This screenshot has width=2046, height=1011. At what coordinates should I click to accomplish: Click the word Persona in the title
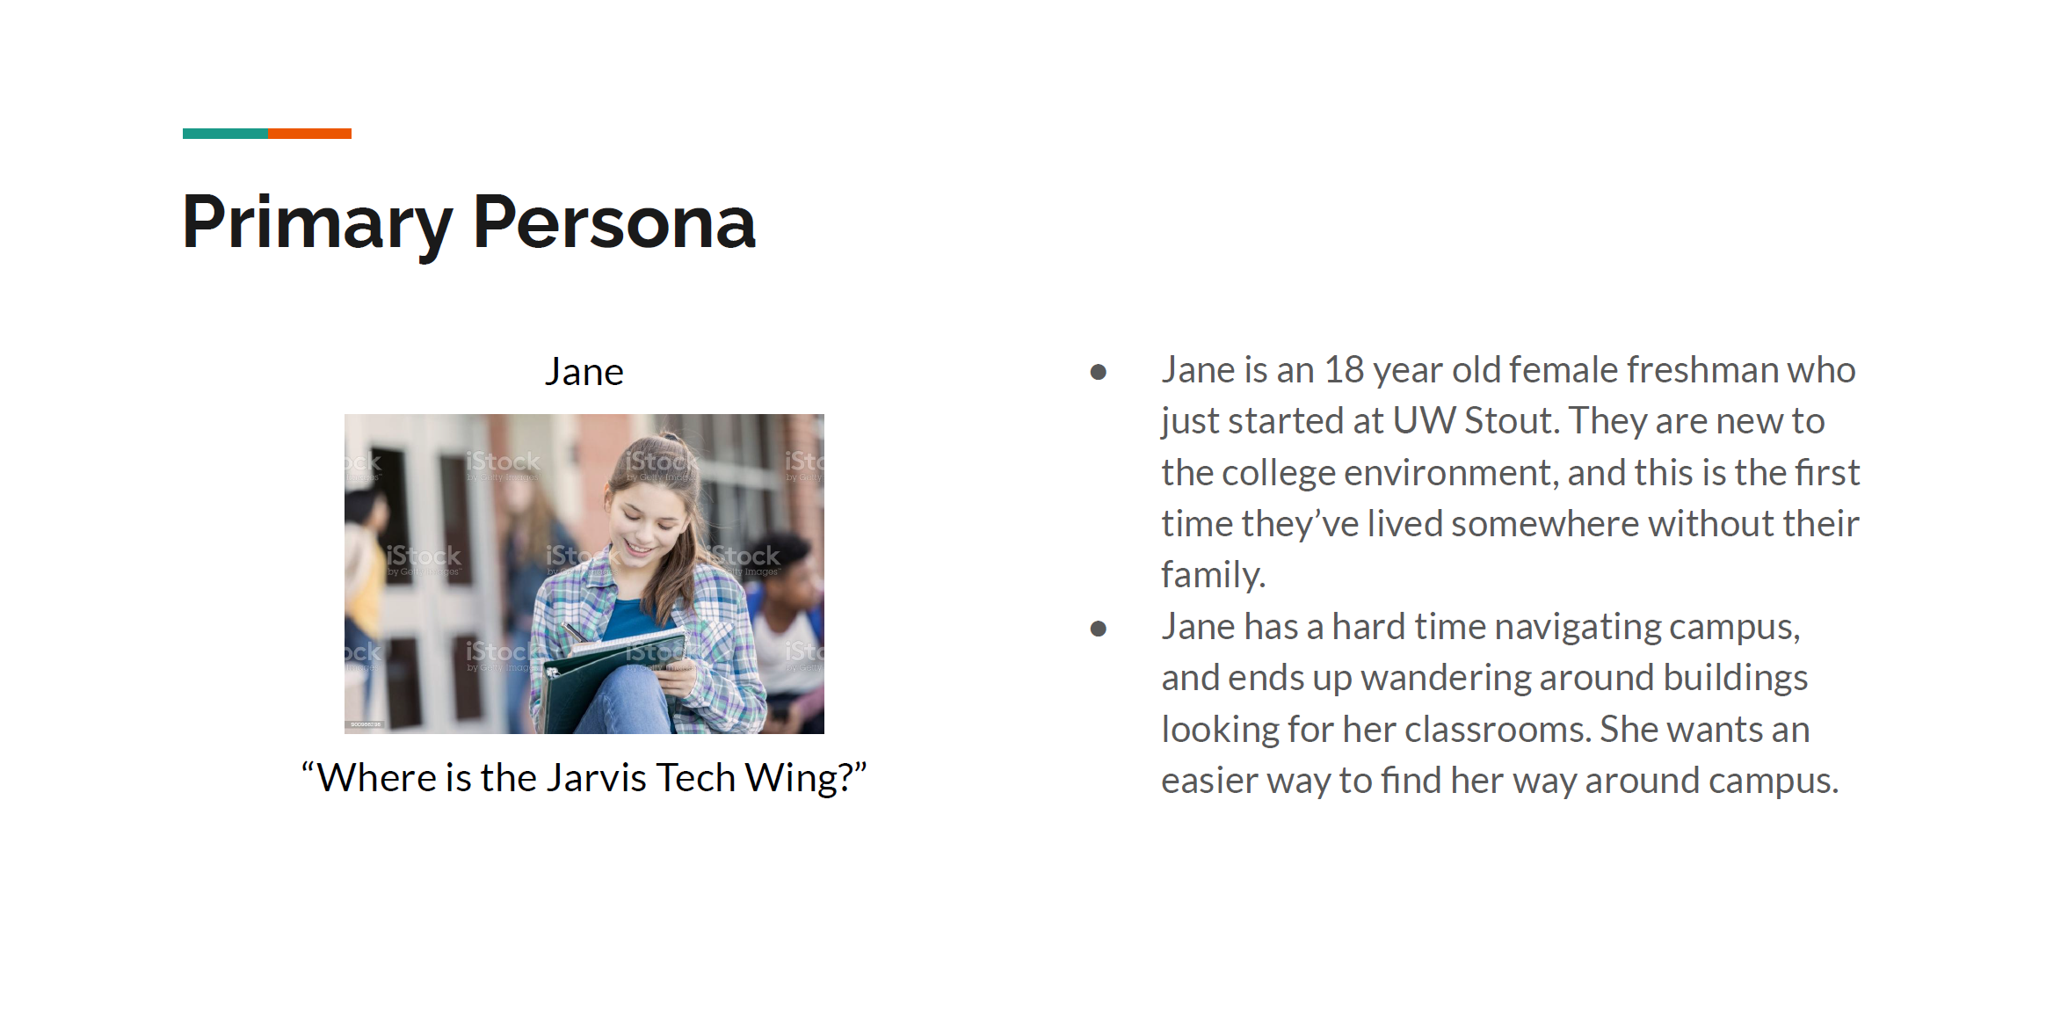(614, 223)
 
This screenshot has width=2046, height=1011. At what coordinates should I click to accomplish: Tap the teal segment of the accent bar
(226, 134)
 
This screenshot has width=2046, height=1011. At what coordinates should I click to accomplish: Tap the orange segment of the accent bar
(310, 134)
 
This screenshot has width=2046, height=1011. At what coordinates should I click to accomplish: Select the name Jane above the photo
(584, 372)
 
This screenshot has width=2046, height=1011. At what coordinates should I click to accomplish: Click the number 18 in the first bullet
(1344, 370)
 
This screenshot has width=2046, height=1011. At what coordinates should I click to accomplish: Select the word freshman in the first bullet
(1701, 370)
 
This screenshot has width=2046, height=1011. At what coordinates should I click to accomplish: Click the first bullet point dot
(1098, 372)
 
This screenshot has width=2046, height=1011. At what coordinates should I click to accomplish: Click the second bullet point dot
(1098, 629)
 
